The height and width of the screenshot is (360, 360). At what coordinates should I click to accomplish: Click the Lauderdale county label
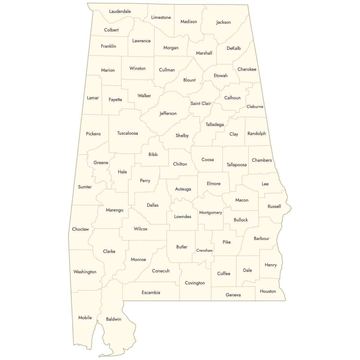pos(120,11)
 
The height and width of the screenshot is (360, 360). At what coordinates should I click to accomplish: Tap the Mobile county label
pos(85,318)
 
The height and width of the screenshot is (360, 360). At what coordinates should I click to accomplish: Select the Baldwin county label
pos(114,319)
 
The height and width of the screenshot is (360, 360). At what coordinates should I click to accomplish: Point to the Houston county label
pos(268,291)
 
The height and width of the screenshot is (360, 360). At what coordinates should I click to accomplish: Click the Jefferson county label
pos(168,113)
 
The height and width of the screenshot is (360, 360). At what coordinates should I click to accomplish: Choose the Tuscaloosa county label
pos(127,133)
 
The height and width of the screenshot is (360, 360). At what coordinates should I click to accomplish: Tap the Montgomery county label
pos(211,213)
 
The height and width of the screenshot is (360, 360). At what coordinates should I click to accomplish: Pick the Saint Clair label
pos(201,103)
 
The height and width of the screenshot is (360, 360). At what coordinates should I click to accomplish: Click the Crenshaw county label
pos(205,250)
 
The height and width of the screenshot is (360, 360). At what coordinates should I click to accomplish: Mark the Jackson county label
pos(223,22)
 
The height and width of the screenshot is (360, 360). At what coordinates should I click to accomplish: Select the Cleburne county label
pos(255,106)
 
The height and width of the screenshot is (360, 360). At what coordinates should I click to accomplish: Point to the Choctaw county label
pos(80,229)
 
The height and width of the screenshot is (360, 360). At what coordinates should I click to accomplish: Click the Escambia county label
pos(151,292)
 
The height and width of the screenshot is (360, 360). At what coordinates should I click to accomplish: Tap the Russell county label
pos(274,206)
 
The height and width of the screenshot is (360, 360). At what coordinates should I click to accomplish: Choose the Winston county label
pos(138,68)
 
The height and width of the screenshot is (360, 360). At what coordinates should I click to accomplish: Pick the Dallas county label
pos(153,205)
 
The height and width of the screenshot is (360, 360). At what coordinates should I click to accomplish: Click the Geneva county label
pos(233,295)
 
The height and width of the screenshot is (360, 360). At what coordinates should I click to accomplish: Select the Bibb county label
pos(153,154)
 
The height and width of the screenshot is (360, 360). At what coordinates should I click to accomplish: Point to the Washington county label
pos(85,272)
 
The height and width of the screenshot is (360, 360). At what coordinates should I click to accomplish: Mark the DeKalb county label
pos(234,48)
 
